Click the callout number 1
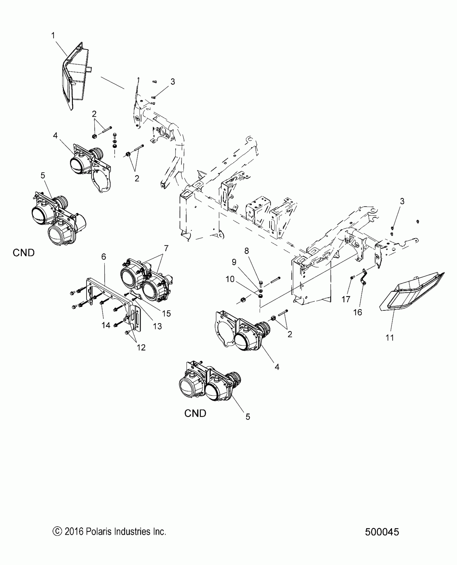53,36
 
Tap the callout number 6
104,257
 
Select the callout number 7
166,248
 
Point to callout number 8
247,251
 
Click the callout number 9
234,262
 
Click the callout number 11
390,338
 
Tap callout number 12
141,347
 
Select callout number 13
158,326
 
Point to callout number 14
106,325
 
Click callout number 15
167,313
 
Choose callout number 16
358,312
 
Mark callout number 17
346,299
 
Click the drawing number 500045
382,532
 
